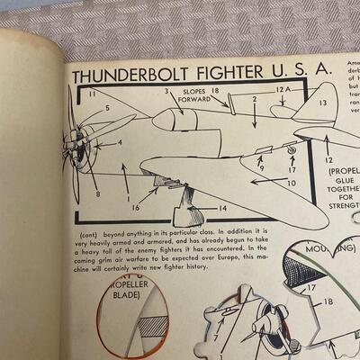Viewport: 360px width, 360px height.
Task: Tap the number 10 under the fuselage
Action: point(292,183)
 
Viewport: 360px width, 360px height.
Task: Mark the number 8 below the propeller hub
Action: point(98,194)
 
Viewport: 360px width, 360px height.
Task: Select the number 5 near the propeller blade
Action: point(106,109)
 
